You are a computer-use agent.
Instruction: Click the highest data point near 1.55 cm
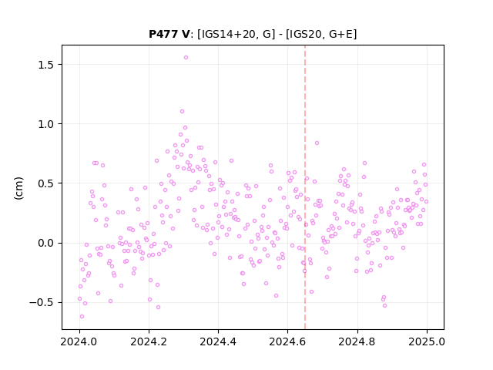pyautogui.click(x=186, y=57)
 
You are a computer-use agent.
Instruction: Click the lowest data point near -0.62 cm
pyautogui.click(x=82, y=316)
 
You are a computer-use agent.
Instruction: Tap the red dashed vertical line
pyautogui.click(x=305, y=187)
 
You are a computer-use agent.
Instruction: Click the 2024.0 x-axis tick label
pyautogui.click(x=79, y=341)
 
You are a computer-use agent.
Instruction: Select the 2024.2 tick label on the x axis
pyautogui.click(x=149, y=341)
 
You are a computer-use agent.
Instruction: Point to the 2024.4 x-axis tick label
pyautogui.click(x=218, y=341)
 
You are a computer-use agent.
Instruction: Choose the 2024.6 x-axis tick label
pyautogui.click(x=287, y=341)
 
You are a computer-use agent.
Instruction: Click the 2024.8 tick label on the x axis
pyautogui.click(x=357, y=341)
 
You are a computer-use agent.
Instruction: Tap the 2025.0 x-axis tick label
pyautogui.click(x=426, y=341)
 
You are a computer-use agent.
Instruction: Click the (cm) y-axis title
pyautogui.click(x=18, y=188)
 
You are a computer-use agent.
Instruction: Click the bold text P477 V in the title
pyautogui.click(x=169, y=34)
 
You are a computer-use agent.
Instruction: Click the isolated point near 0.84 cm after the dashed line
pyautogui.click(x=317, y=143)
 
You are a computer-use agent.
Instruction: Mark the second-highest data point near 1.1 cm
pyautogui.click(x=182, y=111)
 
